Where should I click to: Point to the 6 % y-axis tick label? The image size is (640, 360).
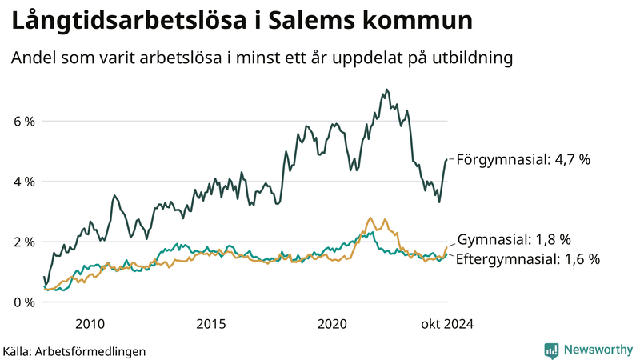coord(24,122)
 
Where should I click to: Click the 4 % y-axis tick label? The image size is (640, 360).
coord(24,182)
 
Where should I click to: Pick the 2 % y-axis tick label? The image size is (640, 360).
coord(24,242)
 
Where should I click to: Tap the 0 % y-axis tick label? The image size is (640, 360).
coord(24,302)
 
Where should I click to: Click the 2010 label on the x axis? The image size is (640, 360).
coord(90,324)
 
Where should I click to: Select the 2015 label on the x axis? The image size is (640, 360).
coord(211,324)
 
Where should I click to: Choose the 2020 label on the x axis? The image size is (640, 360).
coord(332,324)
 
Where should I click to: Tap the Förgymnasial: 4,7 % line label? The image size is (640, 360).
coord(523,160)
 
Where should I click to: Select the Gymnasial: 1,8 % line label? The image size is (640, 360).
coord(514,239)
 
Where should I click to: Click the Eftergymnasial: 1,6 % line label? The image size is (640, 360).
coord(528,258)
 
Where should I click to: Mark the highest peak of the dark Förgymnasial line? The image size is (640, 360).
coord(387,90)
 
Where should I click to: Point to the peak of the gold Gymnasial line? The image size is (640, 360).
coord(370,218)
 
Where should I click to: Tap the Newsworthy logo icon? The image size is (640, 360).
coord(551,350)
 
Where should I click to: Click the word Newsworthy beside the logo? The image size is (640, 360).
coord(598,350)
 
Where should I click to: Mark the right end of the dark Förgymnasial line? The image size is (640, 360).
coord(446,160)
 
